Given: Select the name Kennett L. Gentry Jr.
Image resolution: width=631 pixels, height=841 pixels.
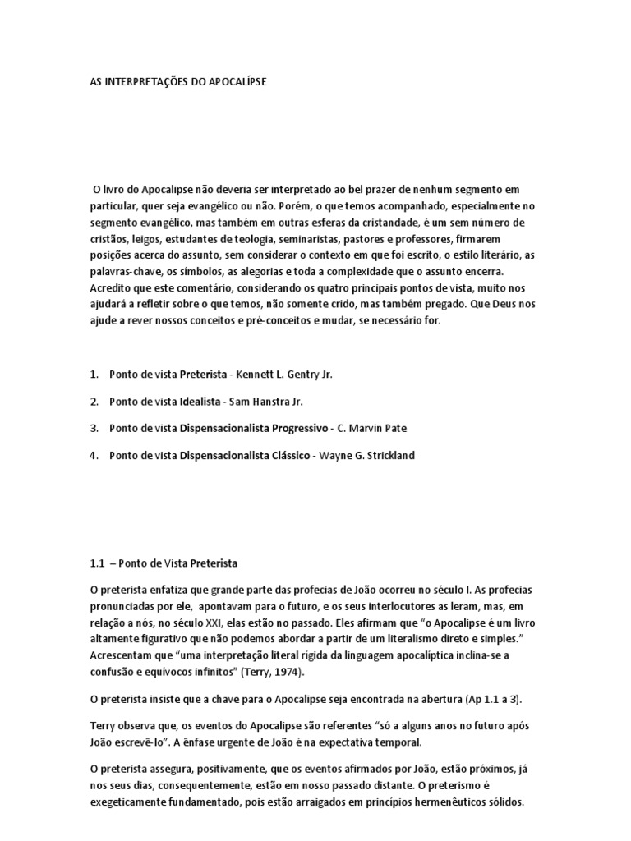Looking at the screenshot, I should [284, 375].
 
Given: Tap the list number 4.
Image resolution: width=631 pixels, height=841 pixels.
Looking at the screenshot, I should [93, 456].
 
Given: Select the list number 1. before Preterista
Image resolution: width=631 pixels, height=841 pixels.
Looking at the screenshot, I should [93, 375].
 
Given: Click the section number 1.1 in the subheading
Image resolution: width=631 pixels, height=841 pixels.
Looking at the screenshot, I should [97, 564].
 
